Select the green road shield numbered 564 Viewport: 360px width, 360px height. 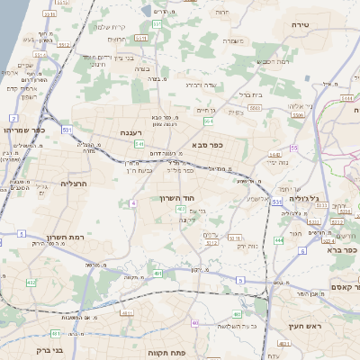pos(209,119)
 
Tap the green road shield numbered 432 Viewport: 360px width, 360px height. pos(31,283)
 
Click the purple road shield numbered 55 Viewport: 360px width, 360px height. pos(293,148)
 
